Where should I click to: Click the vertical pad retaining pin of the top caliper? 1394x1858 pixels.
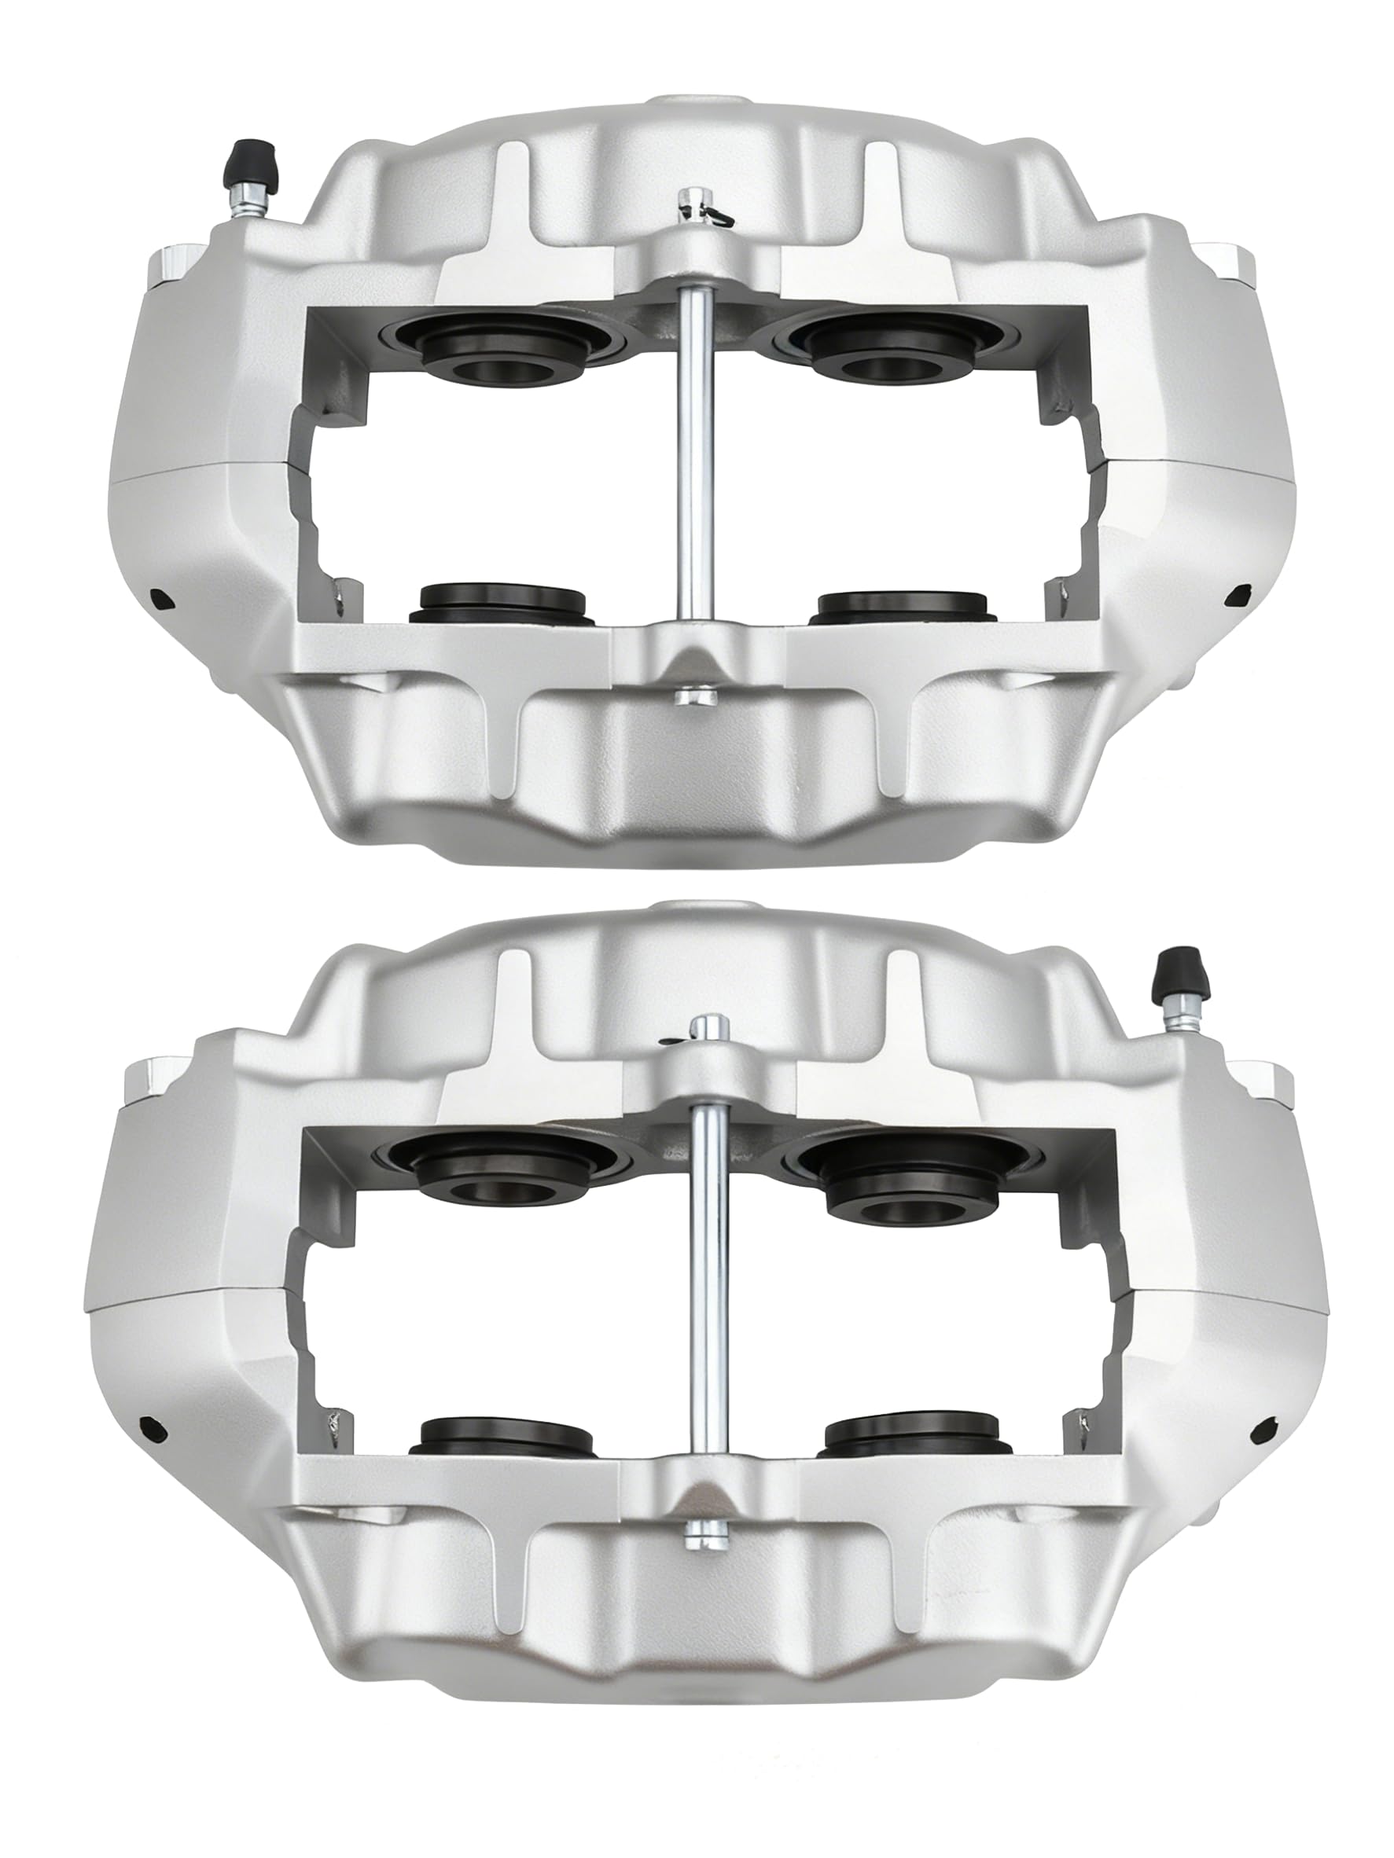[695, 453]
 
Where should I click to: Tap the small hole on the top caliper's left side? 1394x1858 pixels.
[160, 597]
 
